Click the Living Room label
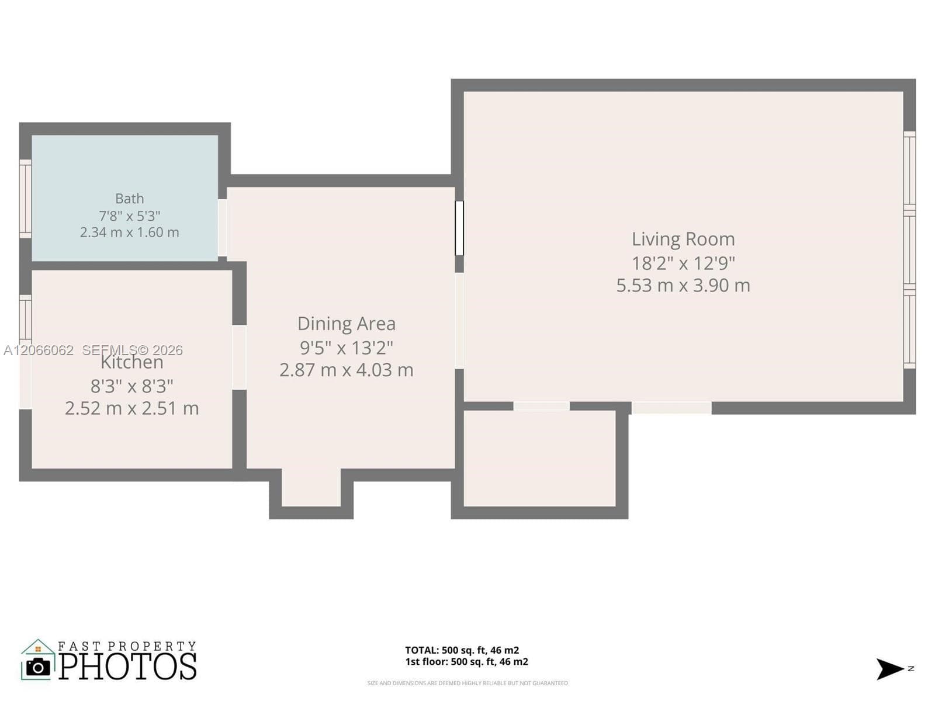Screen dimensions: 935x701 (x=683, y=239)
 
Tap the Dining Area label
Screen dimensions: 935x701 (x=347, y=324)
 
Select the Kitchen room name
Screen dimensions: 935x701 (x=131, y=362)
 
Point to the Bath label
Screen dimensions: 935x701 (x=130, y=199)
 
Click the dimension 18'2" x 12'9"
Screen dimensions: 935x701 (x=683, y=263)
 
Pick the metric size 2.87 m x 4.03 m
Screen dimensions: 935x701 (x=347, y=370)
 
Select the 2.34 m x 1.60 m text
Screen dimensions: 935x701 (x=130, y=232)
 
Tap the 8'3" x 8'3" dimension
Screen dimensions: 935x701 (x=131, y=387)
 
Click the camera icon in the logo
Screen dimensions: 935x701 (x=38, y=667)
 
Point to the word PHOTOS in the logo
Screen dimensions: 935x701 (x=127, y=666)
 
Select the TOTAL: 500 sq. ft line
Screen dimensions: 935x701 (x=462, y=650)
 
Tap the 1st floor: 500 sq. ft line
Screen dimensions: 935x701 (x=466, y=661)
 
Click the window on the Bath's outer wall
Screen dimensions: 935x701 (x=25, y=199)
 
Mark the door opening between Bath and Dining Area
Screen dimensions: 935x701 (x=222, y=228)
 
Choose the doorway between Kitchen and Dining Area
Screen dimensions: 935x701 (x=239, y=358)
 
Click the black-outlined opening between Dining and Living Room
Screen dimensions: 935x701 (x=459, y=228)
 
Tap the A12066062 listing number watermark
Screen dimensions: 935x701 (x=39, y=350)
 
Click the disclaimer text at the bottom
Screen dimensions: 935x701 (x=467, y=683)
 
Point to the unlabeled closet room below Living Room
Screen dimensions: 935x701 (x=539, y=459)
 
